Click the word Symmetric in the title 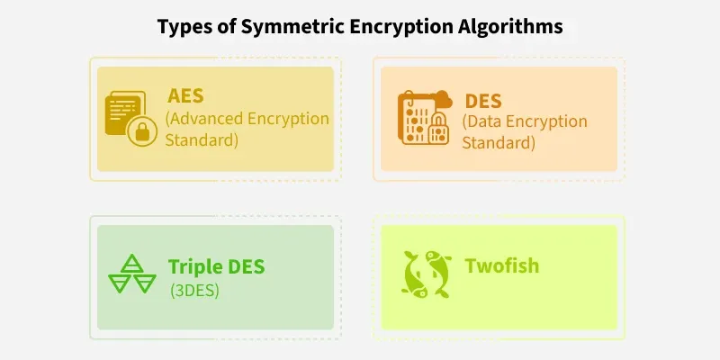292,27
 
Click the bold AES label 185,96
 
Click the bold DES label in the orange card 483,101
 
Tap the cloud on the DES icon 443,99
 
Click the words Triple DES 216,266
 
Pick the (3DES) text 194,291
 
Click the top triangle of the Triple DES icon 132,263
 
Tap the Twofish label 502,265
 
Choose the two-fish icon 426,274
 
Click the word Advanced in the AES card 204,119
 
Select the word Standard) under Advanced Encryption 202,140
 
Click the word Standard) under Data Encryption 499,143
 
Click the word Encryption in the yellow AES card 288,119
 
